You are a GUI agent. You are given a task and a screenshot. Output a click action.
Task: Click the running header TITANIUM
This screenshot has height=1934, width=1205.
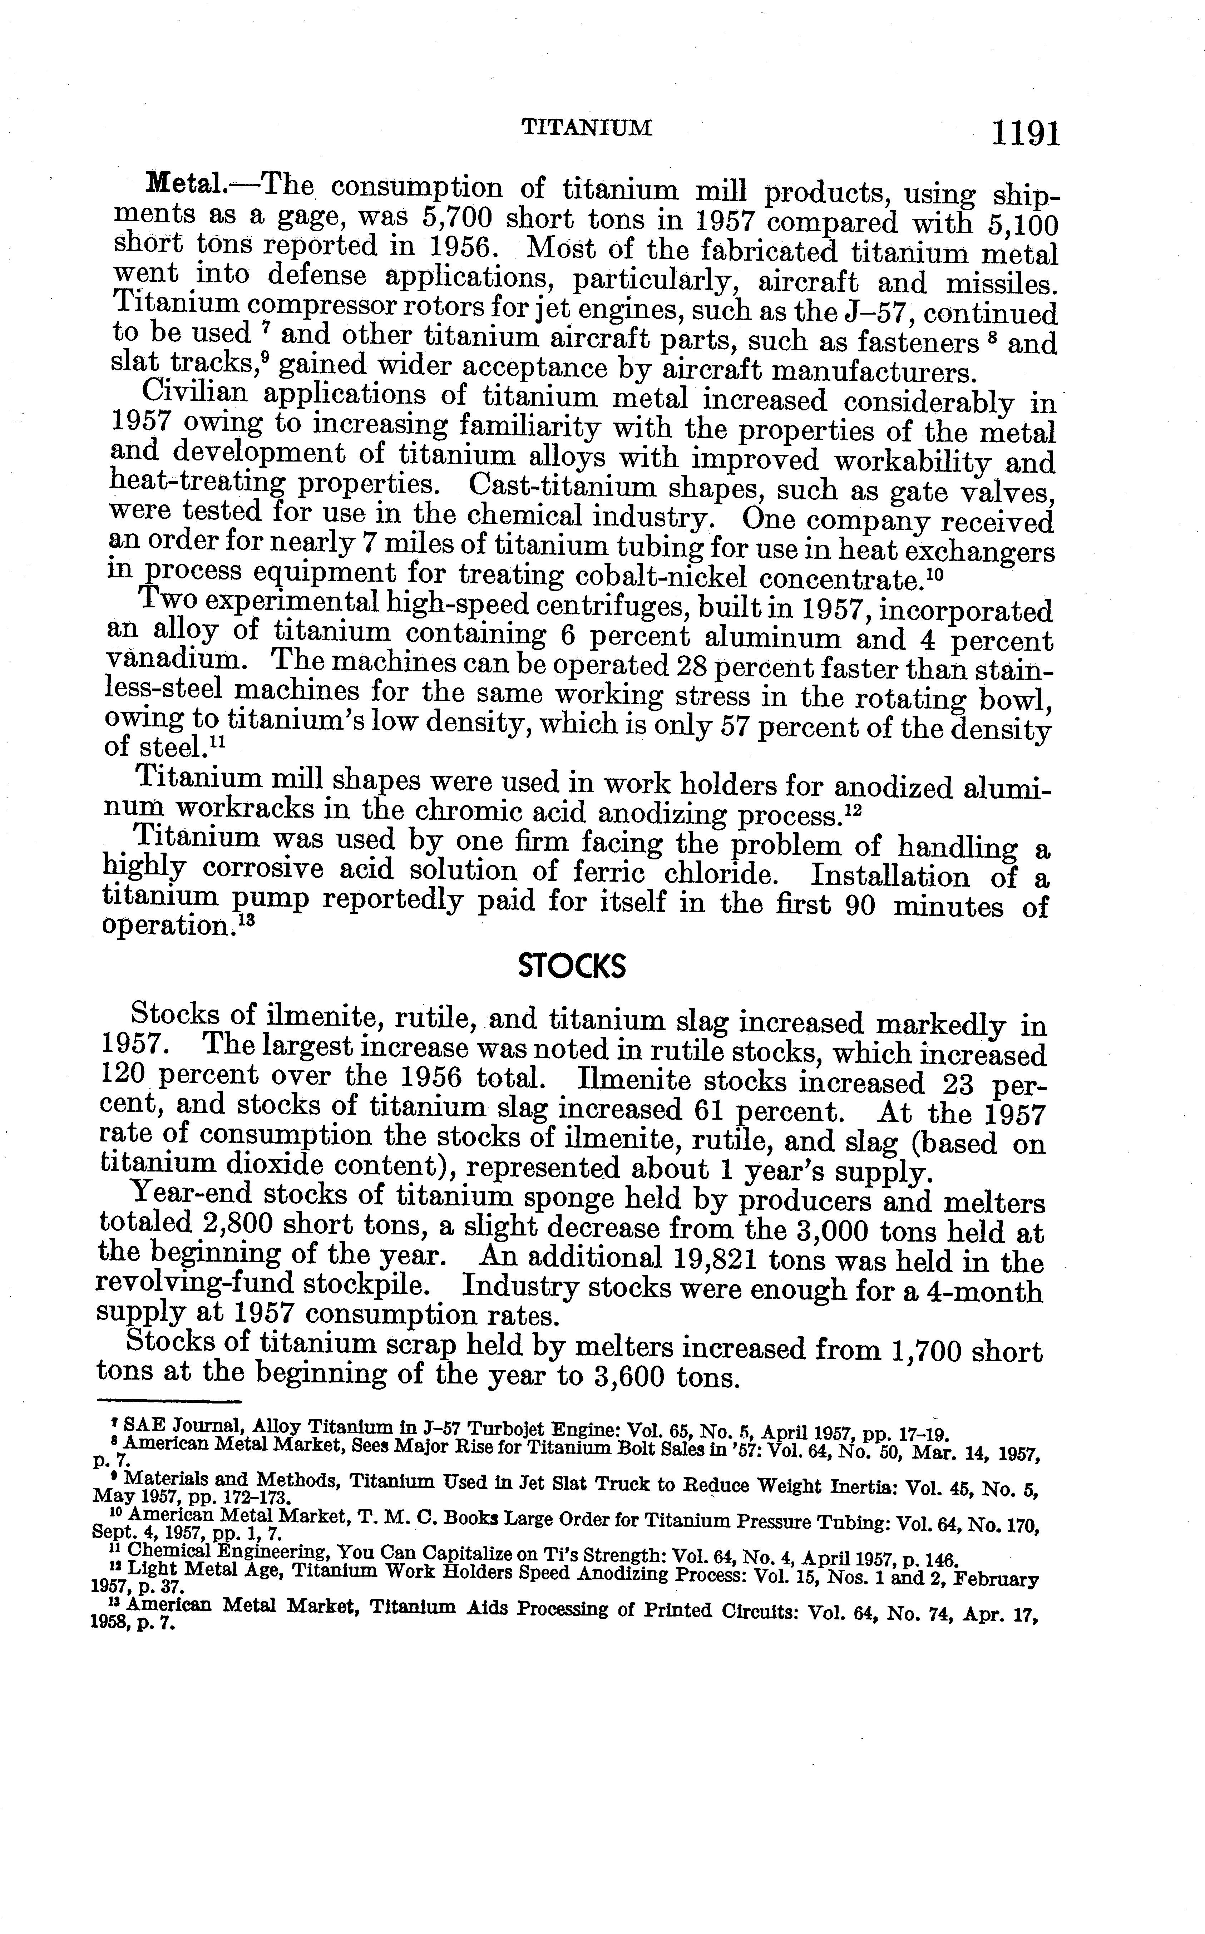pos(587,128)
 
